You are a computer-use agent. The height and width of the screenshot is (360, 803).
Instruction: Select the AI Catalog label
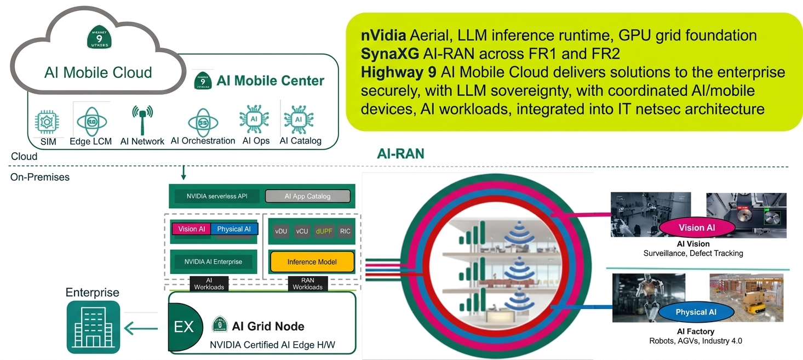coord(300,141)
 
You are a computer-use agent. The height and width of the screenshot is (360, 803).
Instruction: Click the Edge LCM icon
coord(91,121)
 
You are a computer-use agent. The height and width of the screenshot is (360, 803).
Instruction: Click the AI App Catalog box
coord(307,196)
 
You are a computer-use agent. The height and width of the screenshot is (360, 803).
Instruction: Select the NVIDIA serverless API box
coord(216,196)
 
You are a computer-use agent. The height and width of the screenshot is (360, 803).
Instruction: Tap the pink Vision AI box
coord(191,229)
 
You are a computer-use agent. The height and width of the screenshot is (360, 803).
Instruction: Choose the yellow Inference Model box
coord(312,262)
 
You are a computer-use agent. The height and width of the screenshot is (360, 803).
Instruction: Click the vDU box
coord(281,231)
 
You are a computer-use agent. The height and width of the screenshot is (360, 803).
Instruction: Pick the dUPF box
coord(325,231)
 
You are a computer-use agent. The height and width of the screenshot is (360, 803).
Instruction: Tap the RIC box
coord(345,231)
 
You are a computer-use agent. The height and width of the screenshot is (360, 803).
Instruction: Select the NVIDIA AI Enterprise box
coord(213,262)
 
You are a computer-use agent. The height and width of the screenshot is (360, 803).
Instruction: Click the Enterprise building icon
coord(93,327)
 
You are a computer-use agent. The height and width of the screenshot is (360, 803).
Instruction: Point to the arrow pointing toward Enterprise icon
coord(141,329)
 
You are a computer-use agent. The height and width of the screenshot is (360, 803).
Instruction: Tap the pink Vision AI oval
coord(697,228)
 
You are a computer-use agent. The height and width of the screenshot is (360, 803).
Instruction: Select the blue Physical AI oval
coord(696,312)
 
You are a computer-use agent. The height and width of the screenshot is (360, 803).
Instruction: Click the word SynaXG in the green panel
coord(389,54)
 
